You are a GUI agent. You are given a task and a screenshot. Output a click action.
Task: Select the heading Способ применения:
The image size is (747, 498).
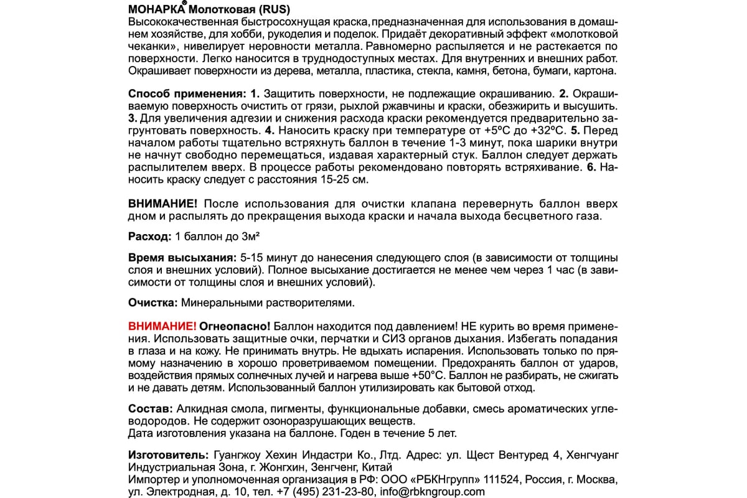pyautogui.click(x=188, y=94)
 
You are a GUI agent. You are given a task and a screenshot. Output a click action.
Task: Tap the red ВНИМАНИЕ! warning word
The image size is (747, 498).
pyautogui.click(x=162, y=326)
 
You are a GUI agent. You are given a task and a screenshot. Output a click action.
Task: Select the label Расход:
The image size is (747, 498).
pyautogui.click(x=149, y=237)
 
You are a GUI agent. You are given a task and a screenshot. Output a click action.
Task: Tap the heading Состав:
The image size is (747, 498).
pyautogui.click(x=149, y=409)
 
